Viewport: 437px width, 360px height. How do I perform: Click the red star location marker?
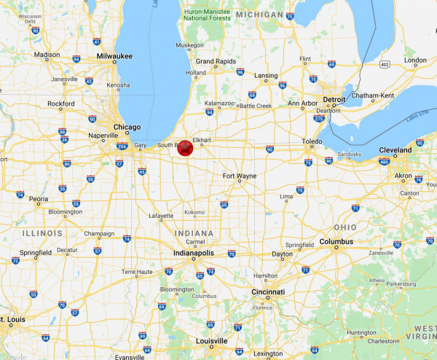click(185, 148)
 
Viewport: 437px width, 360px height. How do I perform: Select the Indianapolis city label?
click(193, 253)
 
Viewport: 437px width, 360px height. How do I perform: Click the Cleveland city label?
click(395, 150)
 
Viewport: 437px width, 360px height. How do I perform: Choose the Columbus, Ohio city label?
click(336, 241)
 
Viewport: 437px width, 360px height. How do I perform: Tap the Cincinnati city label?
click(268, 291)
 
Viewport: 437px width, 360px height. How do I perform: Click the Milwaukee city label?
click(112, 55)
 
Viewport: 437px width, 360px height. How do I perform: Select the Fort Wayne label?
click(239, 176)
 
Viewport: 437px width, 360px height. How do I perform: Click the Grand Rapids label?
click(215, 61)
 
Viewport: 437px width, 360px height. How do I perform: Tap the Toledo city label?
click(312, 141)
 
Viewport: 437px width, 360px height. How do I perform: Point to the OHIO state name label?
click(345, 227)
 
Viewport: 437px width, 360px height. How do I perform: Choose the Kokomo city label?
click(194, 212)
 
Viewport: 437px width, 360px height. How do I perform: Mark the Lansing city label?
click(266, 76)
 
